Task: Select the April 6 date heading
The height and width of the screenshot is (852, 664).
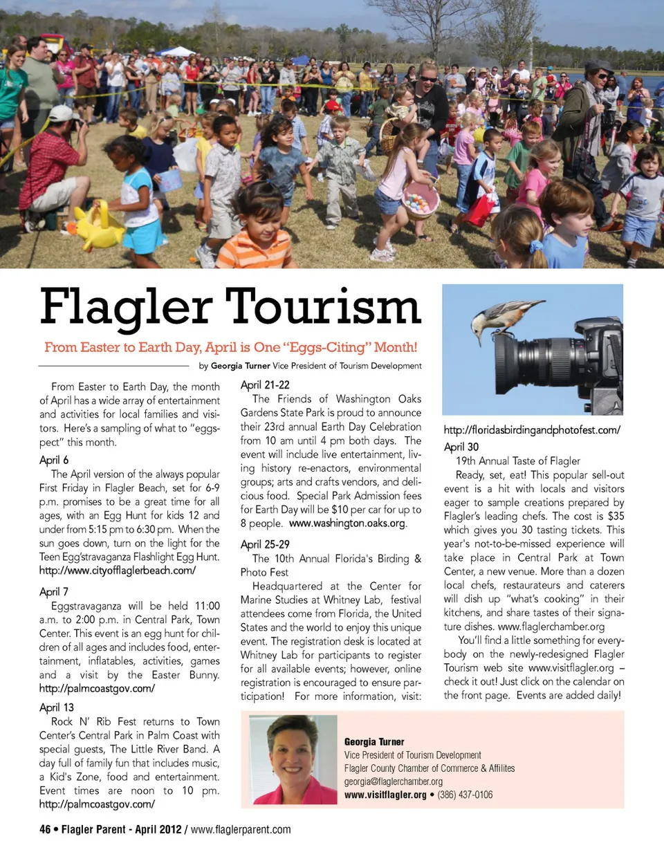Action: [54, 460]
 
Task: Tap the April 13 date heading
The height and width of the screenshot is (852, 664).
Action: [56, 707]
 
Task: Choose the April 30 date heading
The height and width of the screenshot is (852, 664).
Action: [461, 447]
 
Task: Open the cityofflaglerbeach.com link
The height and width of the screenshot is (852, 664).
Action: [118, 571]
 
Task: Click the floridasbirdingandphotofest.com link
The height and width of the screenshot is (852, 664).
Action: [531, 430]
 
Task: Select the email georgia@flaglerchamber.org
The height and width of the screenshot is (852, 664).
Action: [394, 781]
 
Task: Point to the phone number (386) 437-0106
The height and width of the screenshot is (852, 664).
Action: [465, 795]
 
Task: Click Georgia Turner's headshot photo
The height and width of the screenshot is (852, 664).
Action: [294, 759]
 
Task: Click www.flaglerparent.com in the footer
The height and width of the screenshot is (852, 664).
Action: [241, 829]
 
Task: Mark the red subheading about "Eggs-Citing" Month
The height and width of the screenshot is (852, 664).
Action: [230, 346]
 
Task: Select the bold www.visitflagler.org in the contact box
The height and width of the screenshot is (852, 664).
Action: [385, 795]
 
